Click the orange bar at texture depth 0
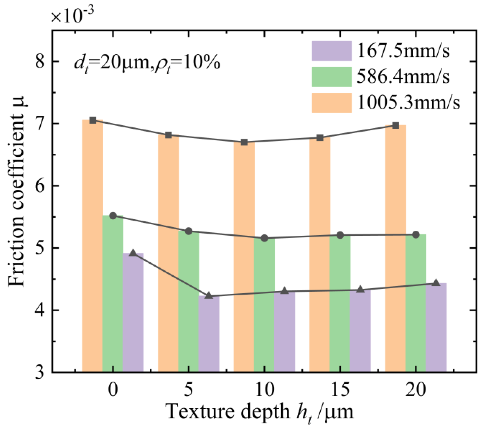tap(92, 246)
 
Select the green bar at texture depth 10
tap(264, 304)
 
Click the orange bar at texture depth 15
tap(320, 254)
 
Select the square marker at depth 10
tap(244, 142)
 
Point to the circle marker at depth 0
tap(113, 216)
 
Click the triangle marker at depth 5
tap(209, 296)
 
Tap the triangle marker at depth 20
tap(436, 283)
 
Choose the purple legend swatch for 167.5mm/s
tap(332, 51)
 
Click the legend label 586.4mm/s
tap(403, 77)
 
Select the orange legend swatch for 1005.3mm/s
tap(332, 103)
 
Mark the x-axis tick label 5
tap(189, 390)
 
